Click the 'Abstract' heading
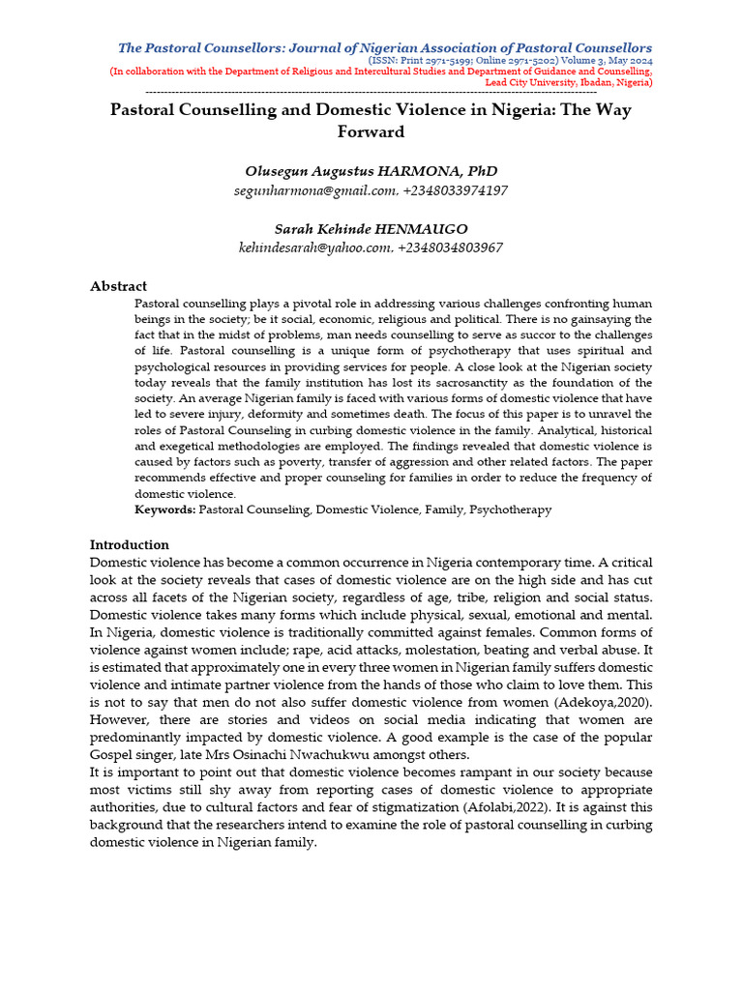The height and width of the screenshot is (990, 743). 118,286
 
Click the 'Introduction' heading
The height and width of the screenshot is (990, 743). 129,544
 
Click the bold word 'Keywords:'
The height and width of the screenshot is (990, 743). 164,509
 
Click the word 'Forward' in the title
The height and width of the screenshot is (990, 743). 371,131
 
